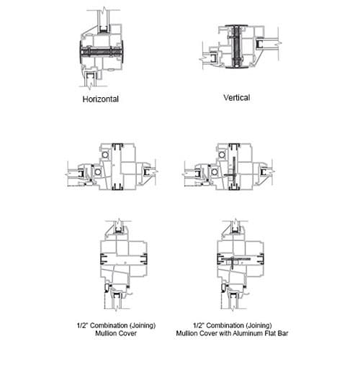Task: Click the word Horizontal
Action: (x=101, y=99)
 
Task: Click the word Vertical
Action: (x=237, y=97)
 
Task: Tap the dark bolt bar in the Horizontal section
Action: (x=102, y=53)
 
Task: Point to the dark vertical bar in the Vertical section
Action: (x=237, y=46)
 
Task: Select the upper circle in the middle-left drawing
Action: (x=105, y=155)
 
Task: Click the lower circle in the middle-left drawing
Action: (x=98, y=171)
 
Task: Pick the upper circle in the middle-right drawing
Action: (x=222, y=155)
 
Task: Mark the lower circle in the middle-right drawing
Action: (x=215, y=171)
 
